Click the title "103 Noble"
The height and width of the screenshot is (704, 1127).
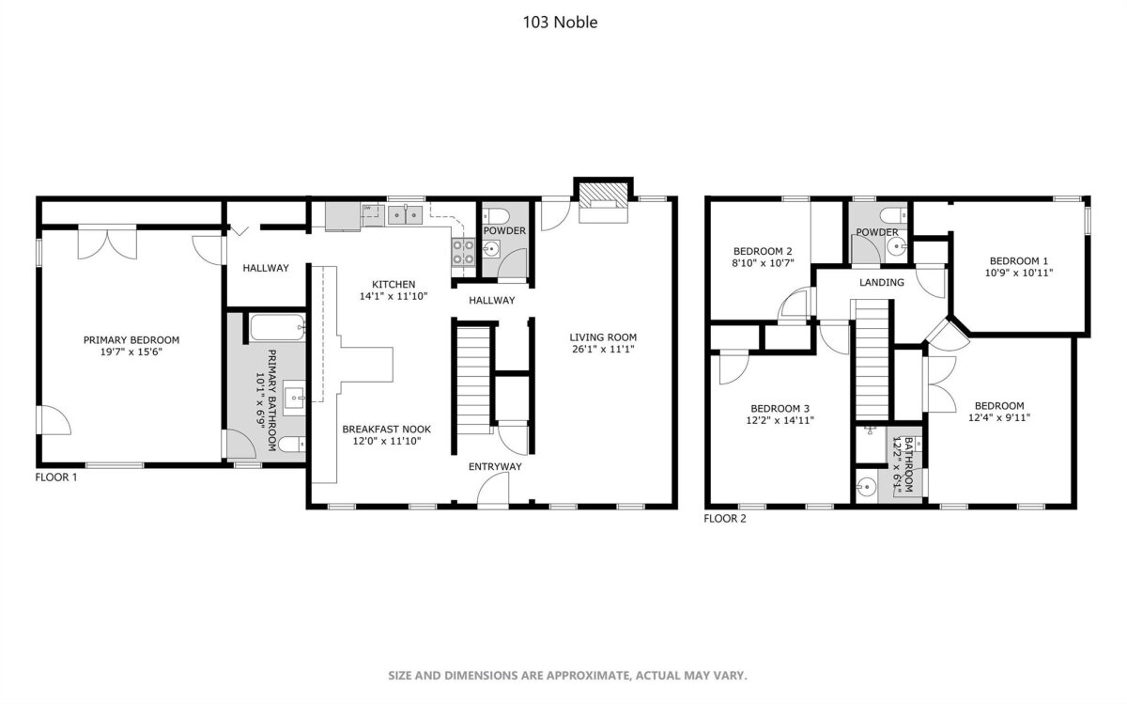tap(560, 23)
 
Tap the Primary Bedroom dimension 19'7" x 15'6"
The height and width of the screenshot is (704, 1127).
tap(131, 352)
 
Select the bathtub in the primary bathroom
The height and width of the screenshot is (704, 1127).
tap(277, 327)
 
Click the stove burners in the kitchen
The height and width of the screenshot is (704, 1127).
tap(463, 252)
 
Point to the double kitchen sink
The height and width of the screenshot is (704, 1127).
tap(405, 215)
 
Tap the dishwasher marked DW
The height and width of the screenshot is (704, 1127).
tap(372, 216)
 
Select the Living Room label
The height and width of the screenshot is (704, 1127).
tap(603, 337)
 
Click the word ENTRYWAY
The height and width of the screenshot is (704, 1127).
tap(495, 467)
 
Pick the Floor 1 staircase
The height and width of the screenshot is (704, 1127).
tap(473, 379)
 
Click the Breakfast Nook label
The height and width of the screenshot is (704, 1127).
tap(386, 430)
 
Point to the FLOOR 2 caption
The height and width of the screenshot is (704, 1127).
tap(724, 519)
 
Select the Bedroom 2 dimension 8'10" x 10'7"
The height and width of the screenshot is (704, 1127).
tap(763, 263)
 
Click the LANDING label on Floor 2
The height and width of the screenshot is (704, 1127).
tap(882, 283)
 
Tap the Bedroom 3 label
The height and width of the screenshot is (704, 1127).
tap(780, 409)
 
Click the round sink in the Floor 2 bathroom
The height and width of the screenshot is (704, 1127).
tap(866, 488)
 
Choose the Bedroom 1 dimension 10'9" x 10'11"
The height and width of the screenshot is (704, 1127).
tap(1019, 273)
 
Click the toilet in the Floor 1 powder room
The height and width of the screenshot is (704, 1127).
tap(496, 216)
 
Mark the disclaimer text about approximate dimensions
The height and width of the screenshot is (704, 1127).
tap(567, 675)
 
